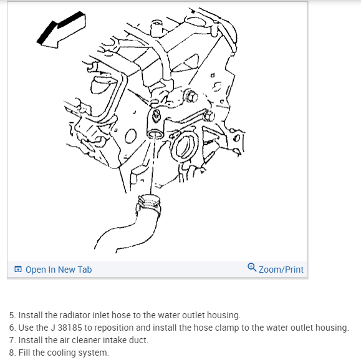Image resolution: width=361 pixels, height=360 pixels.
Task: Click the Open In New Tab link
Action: pyautogui.click(x=59, y=270)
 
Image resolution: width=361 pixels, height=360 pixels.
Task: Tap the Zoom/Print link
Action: pyautogui.click(x=281, y=270)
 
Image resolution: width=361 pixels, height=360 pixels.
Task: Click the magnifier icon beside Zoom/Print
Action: pyautogui.click(x=252, y=268)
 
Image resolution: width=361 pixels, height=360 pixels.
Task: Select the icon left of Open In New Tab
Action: pyautogui.click(x=18, y=269)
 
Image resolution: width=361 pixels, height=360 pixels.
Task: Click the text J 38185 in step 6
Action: pyautogui.click(x=66, y=328)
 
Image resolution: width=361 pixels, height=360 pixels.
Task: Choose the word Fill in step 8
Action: pyautogui.click(x=24, y=353)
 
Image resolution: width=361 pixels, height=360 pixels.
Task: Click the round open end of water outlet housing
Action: pyautogui.click(x=155, y=134)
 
